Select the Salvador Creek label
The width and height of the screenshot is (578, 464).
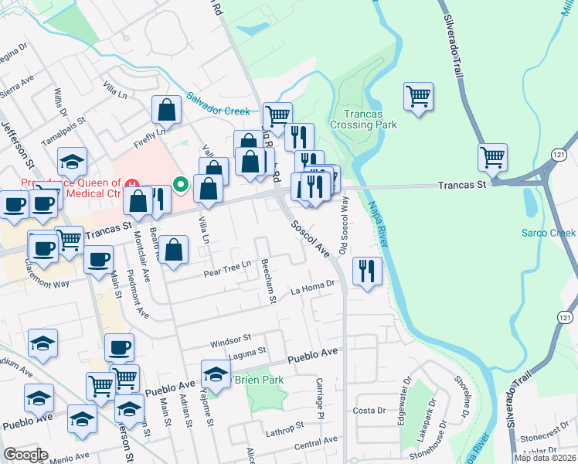coord(219,104)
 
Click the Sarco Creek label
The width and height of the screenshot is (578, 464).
coord(549,233)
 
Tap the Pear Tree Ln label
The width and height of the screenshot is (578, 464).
coord(227,265)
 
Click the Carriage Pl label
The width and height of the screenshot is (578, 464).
coord(318,399)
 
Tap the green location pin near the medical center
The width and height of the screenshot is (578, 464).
coord(181,184)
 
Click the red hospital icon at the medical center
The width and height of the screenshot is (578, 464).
coord(134,185)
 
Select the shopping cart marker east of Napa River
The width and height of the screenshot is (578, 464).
coord(418,97)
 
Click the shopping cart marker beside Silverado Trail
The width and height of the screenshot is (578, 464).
coord(492,158)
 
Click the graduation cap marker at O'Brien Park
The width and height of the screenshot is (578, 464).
coord(216,374)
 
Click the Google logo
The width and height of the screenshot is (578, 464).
coord(26,455)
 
